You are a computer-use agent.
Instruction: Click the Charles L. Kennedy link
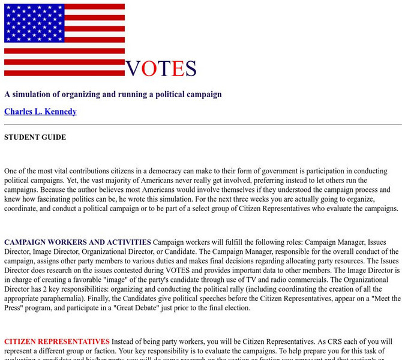[40, 112]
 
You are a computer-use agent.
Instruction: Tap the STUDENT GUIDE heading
[35, 137]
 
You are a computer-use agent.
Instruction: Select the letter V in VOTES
[133, 69]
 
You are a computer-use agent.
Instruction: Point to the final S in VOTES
[191, 69]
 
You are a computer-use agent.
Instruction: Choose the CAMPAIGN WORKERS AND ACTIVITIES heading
[77, 242]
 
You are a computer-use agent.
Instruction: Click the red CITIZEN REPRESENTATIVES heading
[57, 341]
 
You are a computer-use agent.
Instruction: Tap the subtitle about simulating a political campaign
[113, 94]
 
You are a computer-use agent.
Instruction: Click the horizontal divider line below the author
[203, 125]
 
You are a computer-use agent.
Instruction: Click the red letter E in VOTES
[177, 69]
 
